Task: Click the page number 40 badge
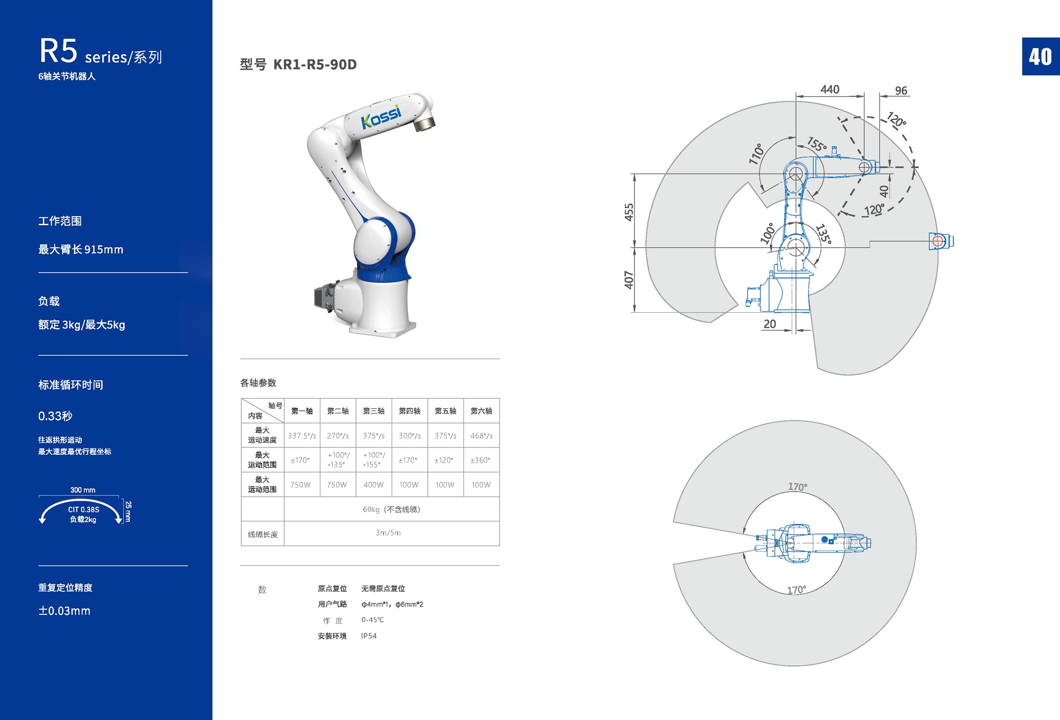[x=1040, y=57]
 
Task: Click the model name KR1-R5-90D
[x=315, y=64]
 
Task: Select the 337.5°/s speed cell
[x=302, y=436]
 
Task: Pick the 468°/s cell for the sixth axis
[x=481, y=436]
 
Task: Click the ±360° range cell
[x=481, y=460]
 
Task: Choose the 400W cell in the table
[x=373, y=485]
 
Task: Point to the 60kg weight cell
[x=392, y=509]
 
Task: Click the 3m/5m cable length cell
[x=388, y=533]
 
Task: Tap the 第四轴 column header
[x=410, y=411]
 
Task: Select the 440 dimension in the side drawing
[x=829, y=89]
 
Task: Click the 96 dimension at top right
[x=901, y=90]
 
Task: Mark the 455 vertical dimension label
[x=629, y=212]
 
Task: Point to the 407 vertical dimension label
[x=629, y=279]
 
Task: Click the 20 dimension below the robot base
[x=770, y=324]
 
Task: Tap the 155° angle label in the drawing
[x=816, y=144]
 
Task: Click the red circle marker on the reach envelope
[x=937, y=242]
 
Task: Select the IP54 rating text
[x=369, y=636]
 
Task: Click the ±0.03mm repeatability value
[x=64, y=611]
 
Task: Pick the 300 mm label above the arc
[x=82, y=490]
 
